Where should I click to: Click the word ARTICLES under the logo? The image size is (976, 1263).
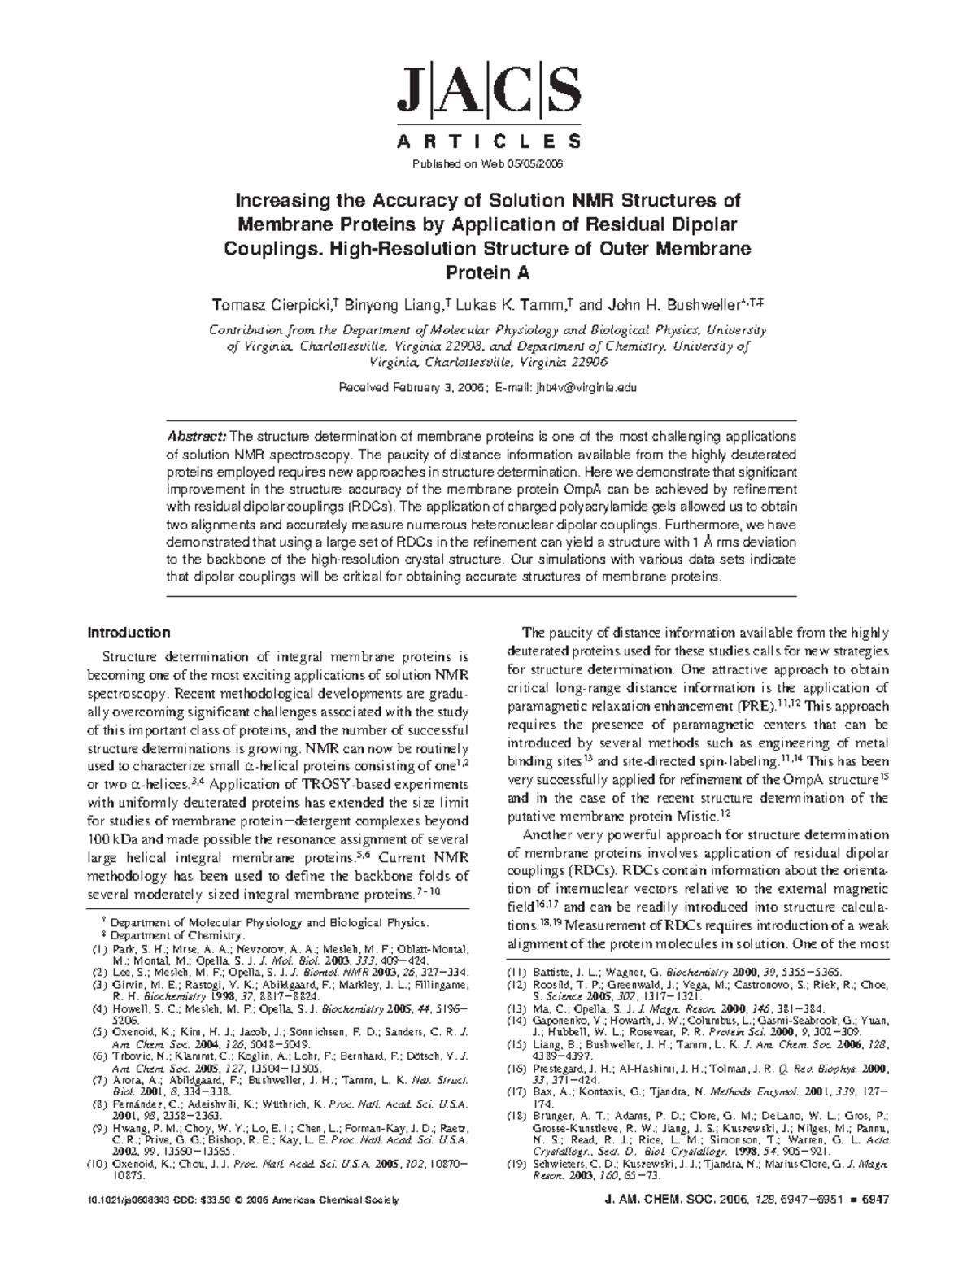pyautogui.click(x=488, y=142)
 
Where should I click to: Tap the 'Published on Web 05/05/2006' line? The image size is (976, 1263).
pyautogui.click(x=488, y=163)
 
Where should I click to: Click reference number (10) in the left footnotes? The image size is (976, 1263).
pyautogui.click(x=98, y=1164)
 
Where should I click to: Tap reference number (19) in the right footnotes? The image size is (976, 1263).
pyautogui.click(x=518, y=1164)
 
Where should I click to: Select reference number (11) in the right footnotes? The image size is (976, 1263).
pyautogui.click(x=518, y=971)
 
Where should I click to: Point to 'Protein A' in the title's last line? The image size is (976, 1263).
pyautogui.click(x=487, y=272)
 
